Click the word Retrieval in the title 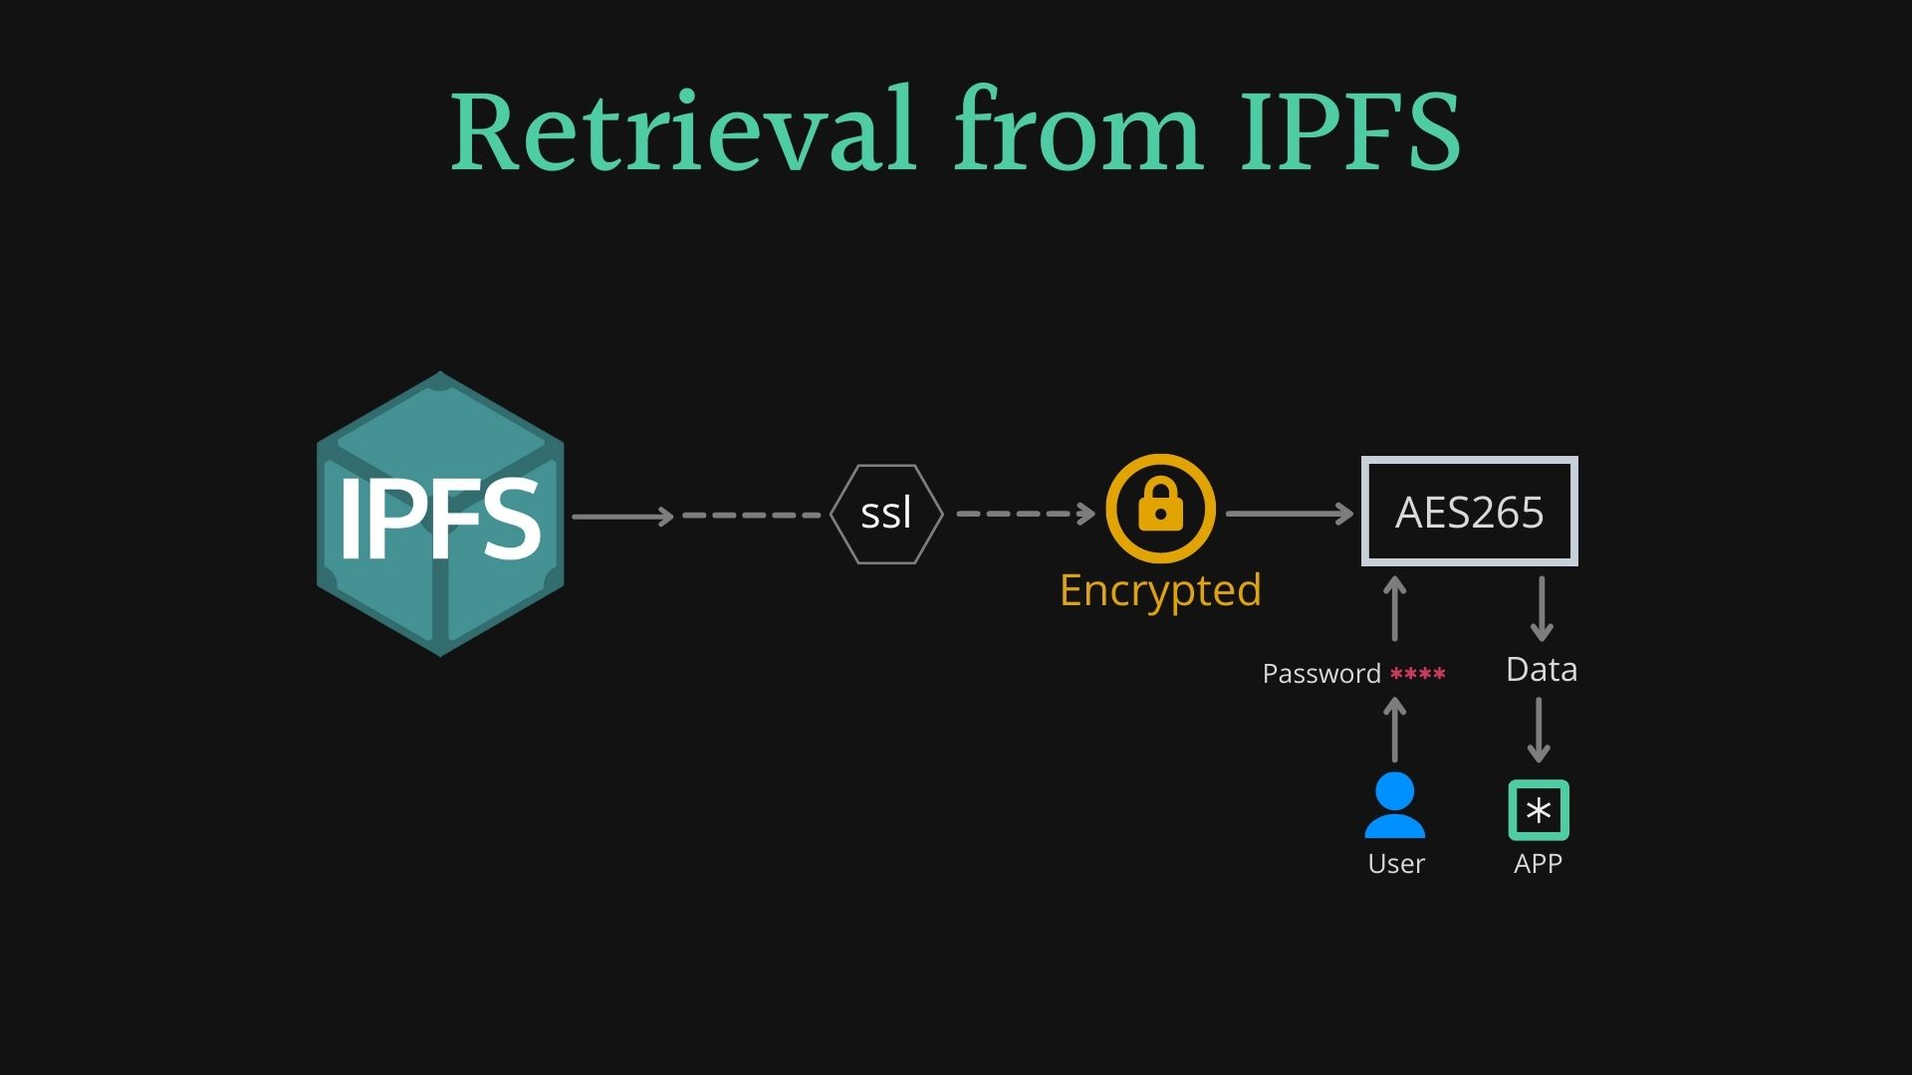pyautogui.click(x=682, y=132)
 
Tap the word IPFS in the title pyautogui.click(x=1350, y=132)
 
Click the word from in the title pyautogui.click(x=1077, y=132)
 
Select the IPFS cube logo pyautogui.click(x=440, y=515)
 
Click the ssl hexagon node pyautogui.click(x=885, y=514)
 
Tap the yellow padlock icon pyautogui.click(x=1160, y=508)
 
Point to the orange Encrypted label pyautogui.click(x=1160, y=590)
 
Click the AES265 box pyautogui.click(x=1469, y=512)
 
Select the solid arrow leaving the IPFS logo pyautogui.click(x=623, y=516)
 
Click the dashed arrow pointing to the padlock pyautogui.click(x=1026, y=514)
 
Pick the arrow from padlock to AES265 pyautogui.click(x=1290, y=514)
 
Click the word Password pyautogui.click(x=1321, y=674)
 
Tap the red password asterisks pyautogui.click(x=1417, y=674)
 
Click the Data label pyautogui.click(x=1541, y=670)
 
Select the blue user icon pyautogui.click(x=1394, y=805)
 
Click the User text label pyautogui.click(x=1396, y=864)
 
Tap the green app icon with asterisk pyautogui.click(x=1539, y=810)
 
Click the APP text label pyautogui.click(x=1538, y=864)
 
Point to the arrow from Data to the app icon pyautogui.click(x=1540, y=730)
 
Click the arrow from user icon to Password pyautogui.click(x=1395, y=730)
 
